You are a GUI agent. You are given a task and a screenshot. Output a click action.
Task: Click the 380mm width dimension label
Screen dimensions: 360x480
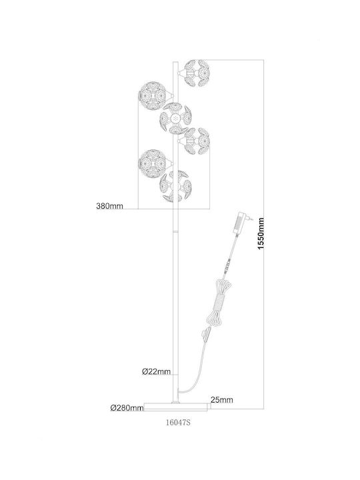click(x=109, y=206)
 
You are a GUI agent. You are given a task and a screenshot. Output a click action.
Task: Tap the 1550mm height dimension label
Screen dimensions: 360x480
click(x=261, y=233)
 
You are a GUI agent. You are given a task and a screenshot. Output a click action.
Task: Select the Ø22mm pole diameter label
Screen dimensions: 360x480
click(x=156, y=371)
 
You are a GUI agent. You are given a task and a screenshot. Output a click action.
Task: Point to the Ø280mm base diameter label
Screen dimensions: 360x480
click(x=127, y=408)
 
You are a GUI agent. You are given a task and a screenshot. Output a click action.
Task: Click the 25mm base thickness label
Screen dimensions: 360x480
click(x=221, y=400)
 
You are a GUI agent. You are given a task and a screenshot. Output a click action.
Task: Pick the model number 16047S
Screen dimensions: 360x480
click(x=178, y=423)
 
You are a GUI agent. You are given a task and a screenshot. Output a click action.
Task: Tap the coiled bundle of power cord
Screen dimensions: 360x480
click(x=218, y=301)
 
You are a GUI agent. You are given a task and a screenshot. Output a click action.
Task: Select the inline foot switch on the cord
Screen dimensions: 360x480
click(x=207, y=335)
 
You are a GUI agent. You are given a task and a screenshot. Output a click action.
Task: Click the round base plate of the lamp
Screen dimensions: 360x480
click(x=176, y=406)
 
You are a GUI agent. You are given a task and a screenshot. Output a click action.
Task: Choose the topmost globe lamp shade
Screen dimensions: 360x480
click(x=197, y=73)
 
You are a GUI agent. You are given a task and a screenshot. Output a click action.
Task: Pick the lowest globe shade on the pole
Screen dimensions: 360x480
click(x=175, y=186)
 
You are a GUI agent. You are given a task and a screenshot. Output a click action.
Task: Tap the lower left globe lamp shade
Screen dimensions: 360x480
click(x=152, y=163)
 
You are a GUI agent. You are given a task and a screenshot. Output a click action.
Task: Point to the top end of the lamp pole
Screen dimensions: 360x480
click(x=176, y=62)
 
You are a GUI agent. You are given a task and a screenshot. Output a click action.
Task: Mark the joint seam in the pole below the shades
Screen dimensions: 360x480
click(x=176, y=232)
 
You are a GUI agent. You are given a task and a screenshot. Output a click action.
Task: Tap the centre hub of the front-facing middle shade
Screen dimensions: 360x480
click(x=175, y=118)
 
